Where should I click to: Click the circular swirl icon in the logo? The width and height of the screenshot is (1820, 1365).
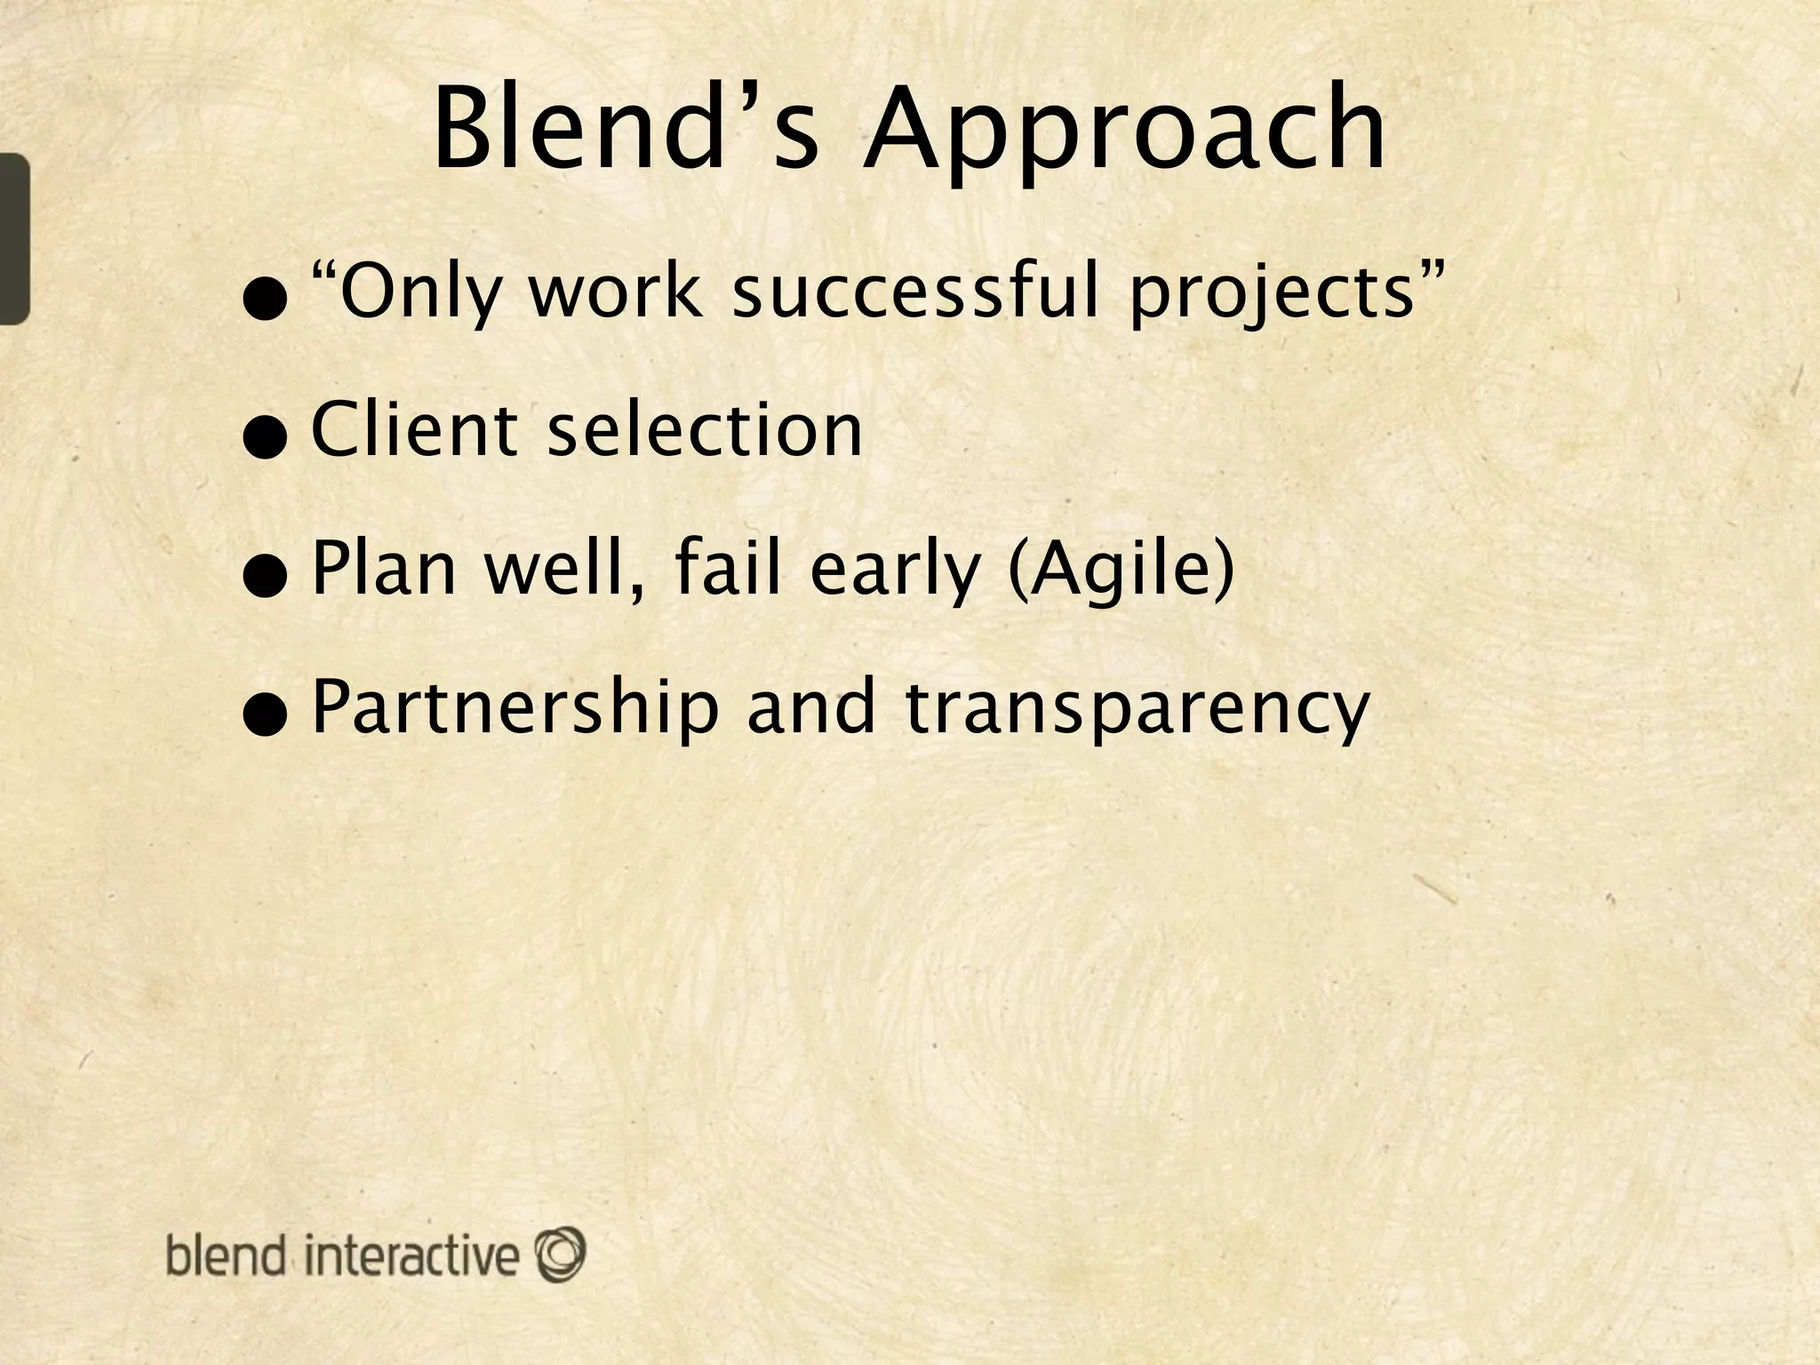[560, 1254]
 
